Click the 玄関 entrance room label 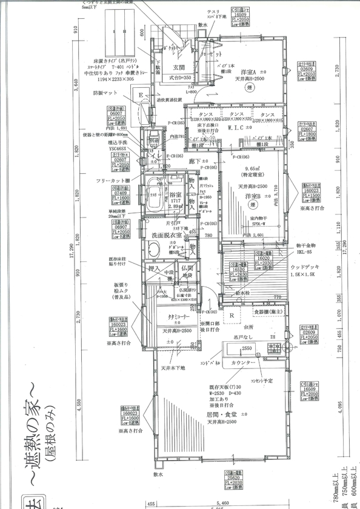tap(179, 68)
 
